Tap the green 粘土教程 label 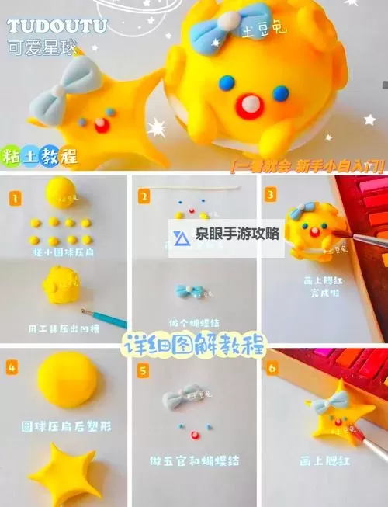tap(40, 155)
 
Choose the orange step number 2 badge tap(144, 197)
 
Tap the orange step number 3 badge tap(270, 194)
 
